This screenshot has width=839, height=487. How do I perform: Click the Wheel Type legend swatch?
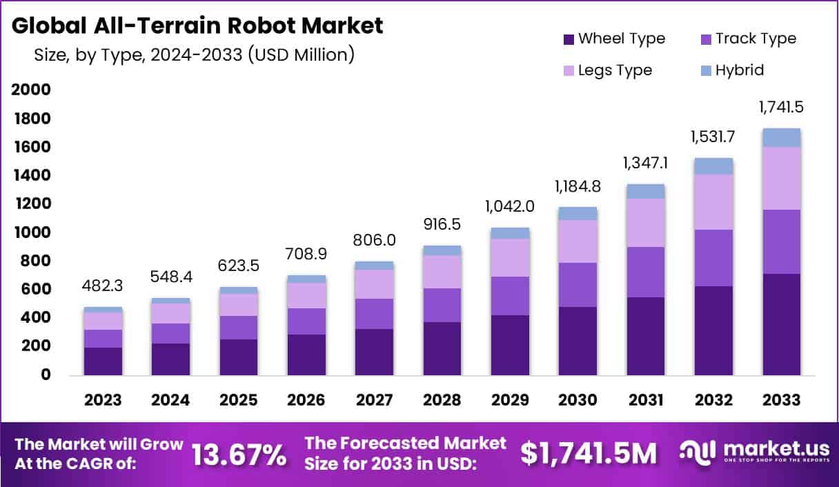tap(569, 39)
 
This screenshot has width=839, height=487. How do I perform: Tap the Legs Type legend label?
tap(615, 70)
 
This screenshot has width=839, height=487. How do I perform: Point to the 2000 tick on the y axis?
tap(30, 90)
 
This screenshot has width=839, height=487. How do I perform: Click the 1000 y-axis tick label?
tap(30, 232)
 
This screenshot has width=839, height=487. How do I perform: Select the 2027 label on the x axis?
tap(375, 400)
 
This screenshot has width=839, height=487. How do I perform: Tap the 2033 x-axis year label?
tap(782, 400)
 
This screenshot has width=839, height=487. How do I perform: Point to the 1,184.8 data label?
tap(578, 187)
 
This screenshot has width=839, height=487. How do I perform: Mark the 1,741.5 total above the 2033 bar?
tap(782, 108)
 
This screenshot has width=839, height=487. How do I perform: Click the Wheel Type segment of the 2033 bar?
tap(782, 324)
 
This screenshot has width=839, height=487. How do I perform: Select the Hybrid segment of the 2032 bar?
tap(713, 166)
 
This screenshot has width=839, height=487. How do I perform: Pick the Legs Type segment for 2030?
tap(578, 241)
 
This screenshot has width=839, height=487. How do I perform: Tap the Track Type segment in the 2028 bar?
tap(442, 305)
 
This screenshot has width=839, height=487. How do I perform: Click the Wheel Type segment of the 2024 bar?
tap(170, 359)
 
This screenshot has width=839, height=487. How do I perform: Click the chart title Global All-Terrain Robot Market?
tap(197, 26)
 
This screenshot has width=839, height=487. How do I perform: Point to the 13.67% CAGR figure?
tap(239, 454)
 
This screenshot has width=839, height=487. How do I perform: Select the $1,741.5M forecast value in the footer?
tap(589, 453)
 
